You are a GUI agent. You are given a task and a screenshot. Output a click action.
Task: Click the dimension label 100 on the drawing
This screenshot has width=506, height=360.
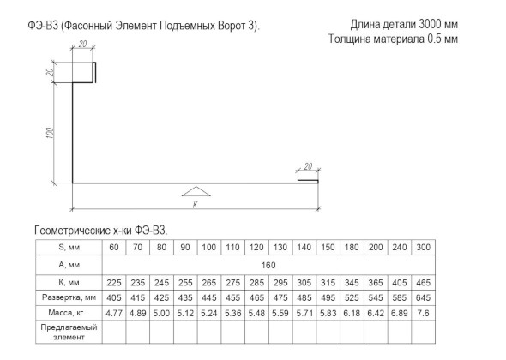click(50, 133)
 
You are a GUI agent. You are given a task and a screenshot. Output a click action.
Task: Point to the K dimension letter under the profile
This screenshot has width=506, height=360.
click(195, 205)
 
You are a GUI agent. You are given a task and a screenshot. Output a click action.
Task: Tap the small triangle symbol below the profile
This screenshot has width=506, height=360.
click(196, 191)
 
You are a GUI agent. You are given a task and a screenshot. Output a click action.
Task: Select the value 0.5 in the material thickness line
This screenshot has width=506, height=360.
click(434, 39)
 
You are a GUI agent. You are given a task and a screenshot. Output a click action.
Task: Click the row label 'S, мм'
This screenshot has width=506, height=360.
click(69, 248)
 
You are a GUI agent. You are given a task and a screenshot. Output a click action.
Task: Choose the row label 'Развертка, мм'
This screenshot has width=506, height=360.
click(69, 297)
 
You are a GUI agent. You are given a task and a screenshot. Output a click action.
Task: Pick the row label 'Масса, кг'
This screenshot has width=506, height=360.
click(69, 313)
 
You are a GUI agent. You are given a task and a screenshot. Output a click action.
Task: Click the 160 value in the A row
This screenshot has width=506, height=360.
click(268, 265)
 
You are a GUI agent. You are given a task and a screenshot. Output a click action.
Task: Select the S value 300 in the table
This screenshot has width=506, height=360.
click(423, 248)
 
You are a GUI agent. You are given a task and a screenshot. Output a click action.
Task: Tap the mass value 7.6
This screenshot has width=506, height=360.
click(423, 313)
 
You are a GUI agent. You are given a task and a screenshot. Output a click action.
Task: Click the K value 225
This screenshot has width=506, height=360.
click(114, 283)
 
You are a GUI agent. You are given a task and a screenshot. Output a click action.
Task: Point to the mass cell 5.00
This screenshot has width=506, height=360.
click(161, 313)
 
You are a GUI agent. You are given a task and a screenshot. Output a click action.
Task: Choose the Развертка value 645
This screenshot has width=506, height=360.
click(423, 297)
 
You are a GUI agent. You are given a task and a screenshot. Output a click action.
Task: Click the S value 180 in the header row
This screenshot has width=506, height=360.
click(352, 248)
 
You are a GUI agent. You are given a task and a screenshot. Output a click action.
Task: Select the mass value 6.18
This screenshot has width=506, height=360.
click(352, 313)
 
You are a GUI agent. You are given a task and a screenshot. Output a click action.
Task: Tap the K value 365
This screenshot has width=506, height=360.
click(376, 283)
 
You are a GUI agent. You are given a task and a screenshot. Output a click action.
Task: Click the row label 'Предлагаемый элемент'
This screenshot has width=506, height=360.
click(69, 333)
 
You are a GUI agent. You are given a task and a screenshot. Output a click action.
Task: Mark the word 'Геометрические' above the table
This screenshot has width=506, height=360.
click(72, 231)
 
